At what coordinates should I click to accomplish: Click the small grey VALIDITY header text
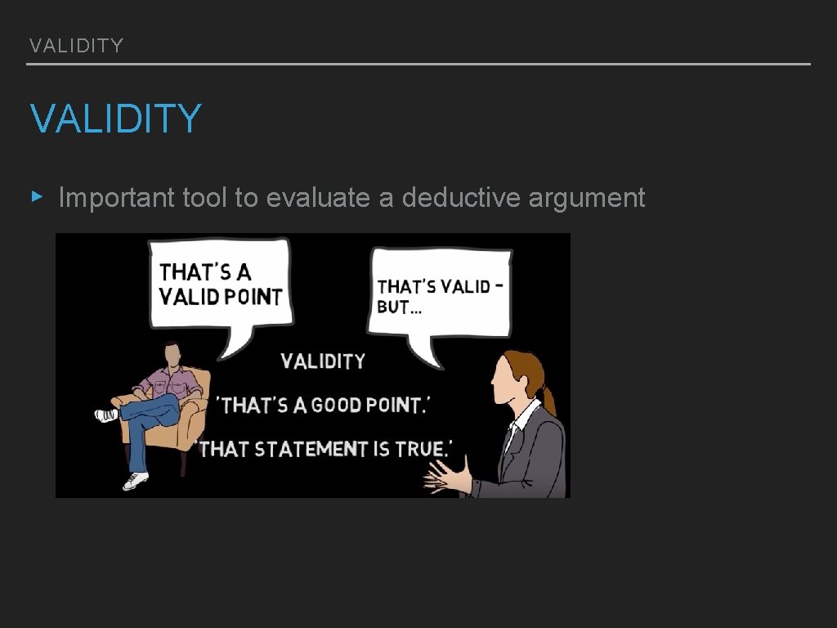click(x=76, y=46)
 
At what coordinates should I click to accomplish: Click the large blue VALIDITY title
click(x=115, y=119)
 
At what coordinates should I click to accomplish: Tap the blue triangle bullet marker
click(x=35, y=196)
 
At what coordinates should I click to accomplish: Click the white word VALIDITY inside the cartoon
click(x=323, y=361)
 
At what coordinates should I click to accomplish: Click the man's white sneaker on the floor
click(x=136, y=481)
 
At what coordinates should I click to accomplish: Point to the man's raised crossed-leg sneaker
click(x=107, y=415)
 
